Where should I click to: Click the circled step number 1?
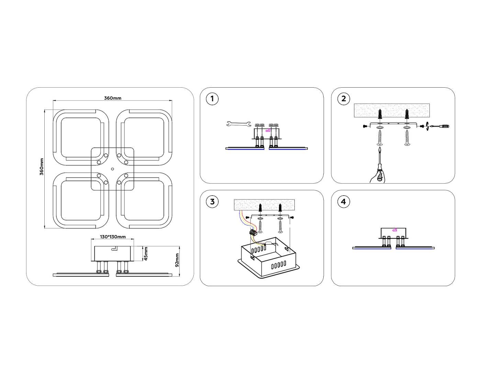tap(212, 99)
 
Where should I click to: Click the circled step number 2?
tap(344, 99)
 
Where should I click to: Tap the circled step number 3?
tap(212, 201)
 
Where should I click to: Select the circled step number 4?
tap(344, 201)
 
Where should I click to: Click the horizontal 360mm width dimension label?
tap(113, 98)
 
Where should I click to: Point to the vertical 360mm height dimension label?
tap(42, 167)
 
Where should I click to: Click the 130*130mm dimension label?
tap(113, 237)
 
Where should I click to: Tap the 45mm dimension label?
tap(146, 254)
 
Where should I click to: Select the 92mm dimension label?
tap(177, 260)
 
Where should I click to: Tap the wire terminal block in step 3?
tap(253, 233)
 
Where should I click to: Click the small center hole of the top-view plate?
tap(112, 169)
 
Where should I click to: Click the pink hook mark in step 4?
tap(395, 229)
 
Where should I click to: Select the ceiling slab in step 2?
tap(392, 110)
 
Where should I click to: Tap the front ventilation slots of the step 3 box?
tap(278, 265)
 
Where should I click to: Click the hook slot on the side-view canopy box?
tap(114, 248)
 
